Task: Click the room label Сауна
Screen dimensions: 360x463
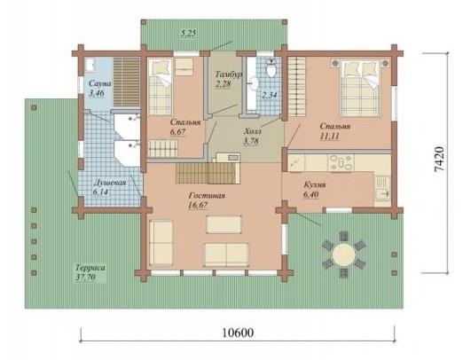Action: (x=95, y=82)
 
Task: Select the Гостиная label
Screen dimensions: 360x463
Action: (x=206, y=195)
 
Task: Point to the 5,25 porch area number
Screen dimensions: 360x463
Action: (x=188, y=33)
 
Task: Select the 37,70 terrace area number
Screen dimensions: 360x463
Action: (x=89, y=277)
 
